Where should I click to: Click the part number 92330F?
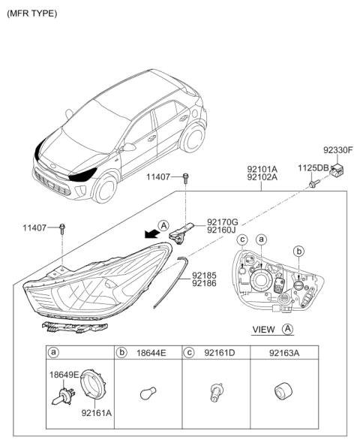pos(337,150)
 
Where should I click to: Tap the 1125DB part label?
pos(313,168)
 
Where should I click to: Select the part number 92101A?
pos(262,169)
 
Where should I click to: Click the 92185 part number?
pos(204,276)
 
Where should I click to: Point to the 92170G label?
pos(223,221)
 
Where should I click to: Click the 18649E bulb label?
pos(64,375)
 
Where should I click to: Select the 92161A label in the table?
pos(97,413)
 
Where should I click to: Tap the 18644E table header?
pos(151,353)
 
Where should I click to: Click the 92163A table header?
pos(284,353)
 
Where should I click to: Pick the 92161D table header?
pos(220,353)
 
